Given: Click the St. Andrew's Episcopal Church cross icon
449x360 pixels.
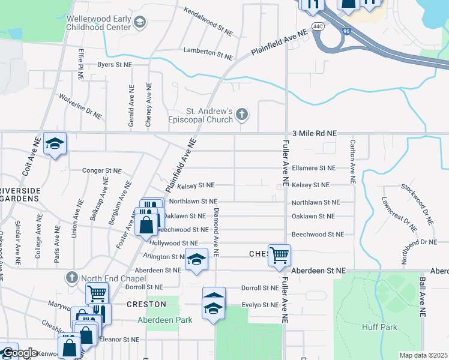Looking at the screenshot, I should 242,114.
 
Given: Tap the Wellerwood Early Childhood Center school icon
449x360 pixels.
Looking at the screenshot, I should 139,23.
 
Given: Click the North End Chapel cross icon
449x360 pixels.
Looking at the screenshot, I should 71,277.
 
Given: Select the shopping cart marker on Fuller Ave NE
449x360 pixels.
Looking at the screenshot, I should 279,255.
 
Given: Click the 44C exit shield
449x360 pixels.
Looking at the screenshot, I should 318,27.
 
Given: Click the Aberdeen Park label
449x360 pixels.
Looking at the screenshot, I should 165,320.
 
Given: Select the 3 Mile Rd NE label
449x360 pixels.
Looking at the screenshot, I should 314,133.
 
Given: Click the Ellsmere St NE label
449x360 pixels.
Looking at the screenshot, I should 314,168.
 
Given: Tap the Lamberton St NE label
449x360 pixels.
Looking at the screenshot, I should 208,52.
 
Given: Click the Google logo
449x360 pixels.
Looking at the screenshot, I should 19,353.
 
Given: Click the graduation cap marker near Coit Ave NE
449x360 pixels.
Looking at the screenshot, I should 55,144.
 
